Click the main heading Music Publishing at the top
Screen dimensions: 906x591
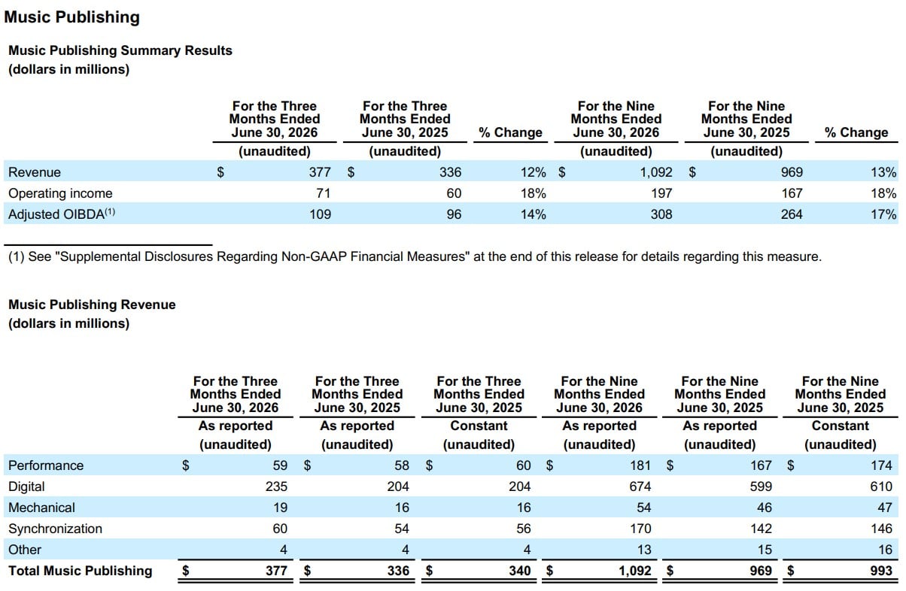click(72, 17)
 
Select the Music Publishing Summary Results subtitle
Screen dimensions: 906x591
click(120, 50)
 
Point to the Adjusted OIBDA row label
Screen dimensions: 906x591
click(62, 214)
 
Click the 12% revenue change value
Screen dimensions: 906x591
click(533, 172)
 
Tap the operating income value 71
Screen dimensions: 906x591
click(323, 193)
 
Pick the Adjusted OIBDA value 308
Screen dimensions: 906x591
click(661, 214)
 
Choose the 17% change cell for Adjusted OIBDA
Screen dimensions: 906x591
click(883, 214)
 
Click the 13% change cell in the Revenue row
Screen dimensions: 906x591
click(883, 172)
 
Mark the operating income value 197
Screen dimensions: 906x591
click(661, 193)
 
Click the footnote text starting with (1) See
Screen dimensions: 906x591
click(415, 256)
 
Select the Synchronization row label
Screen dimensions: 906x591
click(56, 529)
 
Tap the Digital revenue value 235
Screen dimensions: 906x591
click(276, 486)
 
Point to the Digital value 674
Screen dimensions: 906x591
click(640, 486)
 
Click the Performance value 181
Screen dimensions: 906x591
click(640, 465)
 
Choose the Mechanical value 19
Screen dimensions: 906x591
click(280, 508)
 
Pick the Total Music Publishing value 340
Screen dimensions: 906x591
click(519, 571)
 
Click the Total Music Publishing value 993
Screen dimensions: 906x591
click(881, 571)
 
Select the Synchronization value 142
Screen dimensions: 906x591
click(761, 529)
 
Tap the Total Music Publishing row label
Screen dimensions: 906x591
click(81, 571)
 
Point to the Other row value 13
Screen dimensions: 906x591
click(644, 550)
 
